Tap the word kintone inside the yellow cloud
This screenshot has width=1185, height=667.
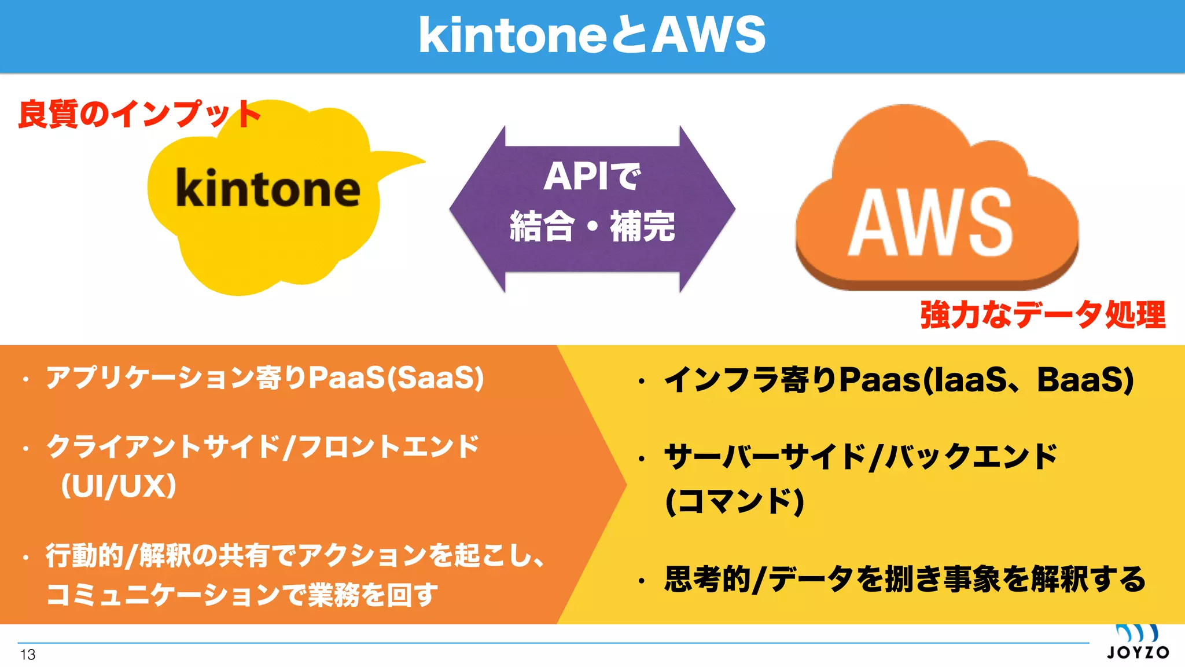pyautogui.click(x=268, y=188)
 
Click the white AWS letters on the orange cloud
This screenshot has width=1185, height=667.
pyautogui.click(x=931, y=222)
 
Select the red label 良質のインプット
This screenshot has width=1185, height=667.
pyautogui.click(x=139, y=114)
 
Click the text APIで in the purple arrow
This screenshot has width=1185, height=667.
pyautogui.click(x=592, y=176)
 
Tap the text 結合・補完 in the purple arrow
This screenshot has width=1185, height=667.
pyautogui.click(x=592, y=226)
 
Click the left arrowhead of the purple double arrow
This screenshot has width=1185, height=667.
pyautogui.click(x=474, y=209)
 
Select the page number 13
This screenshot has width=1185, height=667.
pyautogui.click(x=28, y=655)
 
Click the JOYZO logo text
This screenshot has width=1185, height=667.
pyautogui.click(x=1138, y=653)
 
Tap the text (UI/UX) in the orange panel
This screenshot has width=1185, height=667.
pyautogui.click(x=119, y=486)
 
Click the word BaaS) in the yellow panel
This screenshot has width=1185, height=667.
pyautogui.click(x=1085, y=380)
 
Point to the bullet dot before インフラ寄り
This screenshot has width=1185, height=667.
pyautogui.click(x=641, y=382)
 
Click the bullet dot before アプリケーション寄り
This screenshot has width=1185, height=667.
pyautogui.click(x=25, y=380)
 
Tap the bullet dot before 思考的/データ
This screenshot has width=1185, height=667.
pyautogui.click(x=641, y=581)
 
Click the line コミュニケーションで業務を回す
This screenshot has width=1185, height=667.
pyautogui.click(x=242, y=595)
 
